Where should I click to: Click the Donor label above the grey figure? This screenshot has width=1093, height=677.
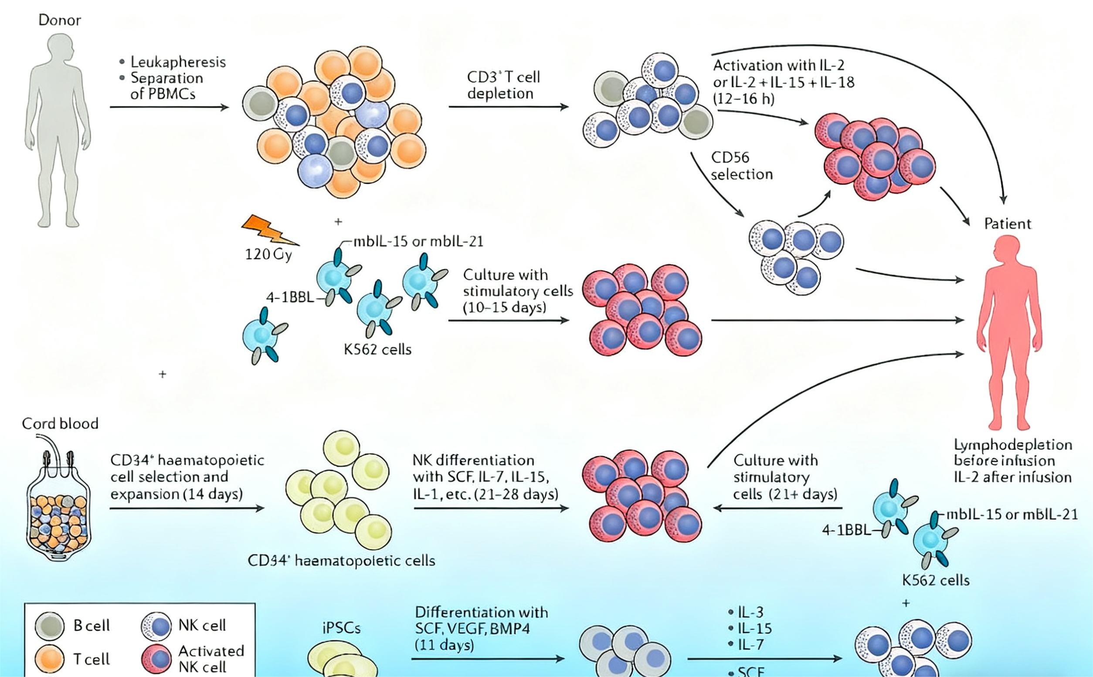click(x=60, y=20)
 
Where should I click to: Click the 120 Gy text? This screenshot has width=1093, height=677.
click(x=268, y=254)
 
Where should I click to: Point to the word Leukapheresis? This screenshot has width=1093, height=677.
click(x=178, y=62)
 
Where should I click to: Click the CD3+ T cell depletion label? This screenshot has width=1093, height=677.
click(x=503, y=85)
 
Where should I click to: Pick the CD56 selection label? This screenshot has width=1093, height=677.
click(x=741, y=166)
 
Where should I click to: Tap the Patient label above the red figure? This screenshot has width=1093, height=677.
click(x=1008, y=223)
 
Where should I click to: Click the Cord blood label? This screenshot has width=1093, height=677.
click(x=60, y=423)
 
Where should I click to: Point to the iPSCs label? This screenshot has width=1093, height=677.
click(x=341, y=628)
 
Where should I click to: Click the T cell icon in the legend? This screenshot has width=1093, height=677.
click(x=50, y=659)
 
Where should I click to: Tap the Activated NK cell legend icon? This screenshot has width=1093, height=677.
click(x=156, y=659)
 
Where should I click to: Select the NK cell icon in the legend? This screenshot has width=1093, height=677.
click(x=156, y=626)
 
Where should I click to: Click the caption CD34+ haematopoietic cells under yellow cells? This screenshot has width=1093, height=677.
click(x=341, y=561)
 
